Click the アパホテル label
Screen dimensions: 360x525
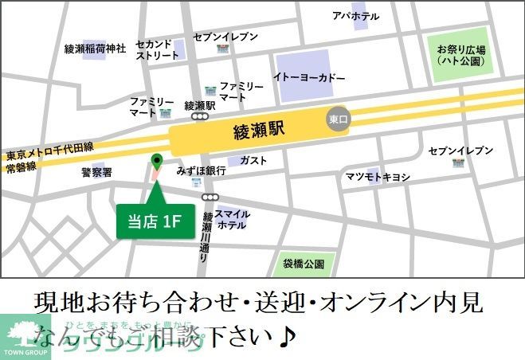coord(355,15)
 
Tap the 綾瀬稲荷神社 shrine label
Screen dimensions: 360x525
coord(95,49)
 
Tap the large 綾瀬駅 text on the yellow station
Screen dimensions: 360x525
coord(261,127)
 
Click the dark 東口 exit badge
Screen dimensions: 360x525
coord(339,119)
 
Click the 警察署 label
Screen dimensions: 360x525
coord(96,172)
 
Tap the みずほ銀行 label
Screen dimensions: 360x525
coord(202,171)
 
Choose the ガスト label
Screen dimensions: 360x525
coord(253,160)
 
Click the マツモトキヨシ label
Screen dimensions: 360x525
coord(377,176)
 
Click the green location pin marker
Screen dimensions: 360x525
coord(156,162)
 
